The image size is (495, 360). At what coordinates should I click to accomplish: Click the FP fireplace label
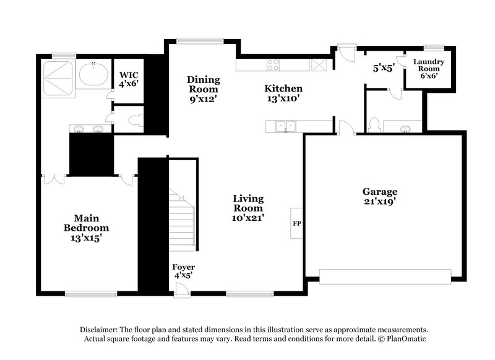[296, 219]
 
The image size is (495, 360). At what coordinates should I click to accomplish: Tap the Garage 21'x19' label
[380, 196]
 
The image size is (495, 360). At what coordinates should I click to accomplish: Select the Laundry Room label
[429, 69]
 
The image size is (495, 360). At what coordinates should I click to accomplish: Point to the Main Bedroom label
[87, 228]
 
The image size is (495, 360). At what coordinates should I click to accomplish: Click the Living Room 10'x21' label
[248, 208]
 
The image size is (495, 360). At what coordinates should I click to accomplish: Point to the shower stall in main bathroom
[58, 78]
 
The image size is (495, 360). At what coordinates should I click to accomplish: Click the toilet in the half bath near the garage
[373, 125]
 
